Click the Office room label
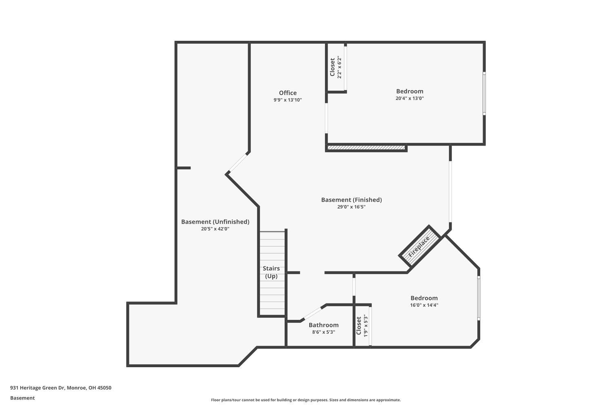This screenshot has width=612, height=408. (288, 93)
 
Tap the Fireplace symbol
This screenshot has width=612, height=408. (419, 247)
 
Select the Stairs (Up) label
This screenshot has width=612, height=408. (271, 272)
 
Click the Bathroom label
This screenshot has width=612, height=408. (324, 325)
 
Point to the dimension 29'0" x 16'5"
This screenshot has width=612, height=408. (351, 207)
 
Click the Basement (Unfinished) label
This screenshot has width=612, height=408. (215, 222)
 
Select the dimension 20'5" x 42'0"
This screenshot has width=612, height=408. (215, 229)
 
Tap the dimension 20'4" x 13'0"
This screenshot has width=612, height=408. (410, 98)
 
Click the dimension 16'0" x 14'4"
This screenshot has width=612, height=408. (424, 305)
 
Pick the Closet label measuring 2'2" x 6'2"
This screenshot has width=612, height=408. (333, 67)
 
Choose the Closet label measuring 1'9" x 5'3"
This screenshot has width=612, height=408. (359, 326)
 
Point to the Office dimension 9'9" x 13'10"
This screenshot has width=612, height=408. (288, 100)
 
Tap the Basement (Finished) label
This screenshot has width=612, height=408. (351, 200)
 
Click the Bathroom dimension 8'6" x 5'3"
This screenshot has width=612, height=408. (324, 332)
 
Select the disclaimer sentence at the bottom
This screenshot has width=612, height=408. (306, 400)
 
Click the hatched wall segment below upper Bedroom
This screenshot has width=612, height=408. (366, 148)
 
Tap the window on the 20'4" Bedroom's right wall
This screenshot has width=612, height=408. (484, 93)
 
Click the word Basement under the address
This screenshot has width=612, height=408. (22, 398)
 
